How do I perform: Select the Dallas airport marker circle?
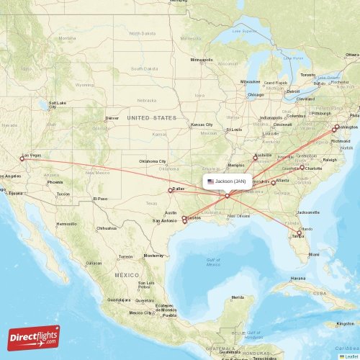coord(170,191)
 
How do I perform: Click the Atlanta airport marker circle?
coord(273,183)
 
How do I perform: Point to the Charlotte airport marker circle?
coord(301,168)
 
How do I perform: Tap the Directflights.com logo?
coord(34,336)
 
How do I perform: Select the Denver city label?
coord(112,118)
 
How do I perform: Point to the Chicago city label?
coord(256,94)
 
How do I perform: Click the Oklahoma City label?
coord(153,161)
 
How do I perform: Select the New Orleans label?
coord(241,215)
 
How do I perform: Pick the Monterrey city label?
coord(154,256)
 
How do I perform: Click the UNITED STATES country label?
coord(151,117)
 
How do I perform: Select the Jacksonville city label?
coord(307,212)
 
